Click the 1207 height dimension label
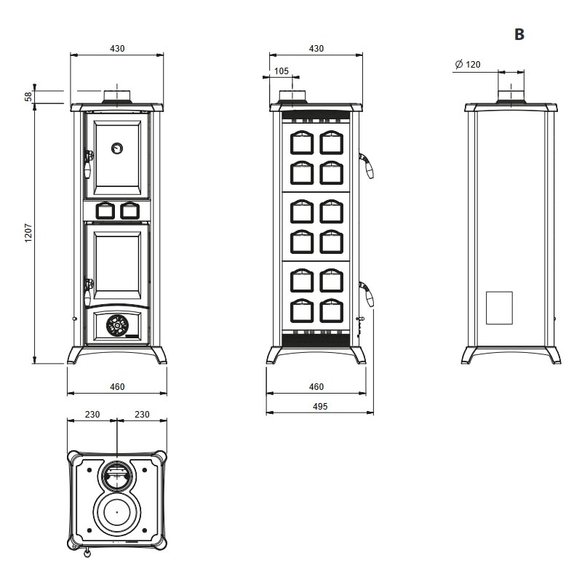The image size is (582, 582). tap(28, 233)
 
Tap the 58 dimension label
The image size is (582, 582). tap(28, 96)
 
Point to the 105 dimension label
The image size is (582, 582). tap(282, 71)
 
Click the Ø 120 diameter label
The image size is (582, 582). tap(467, 65)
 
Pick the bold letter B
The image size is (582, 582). tap(519, 35)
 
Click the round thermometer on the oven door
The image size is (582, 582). tap(116, 148)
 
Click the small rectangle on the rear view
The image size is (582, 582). tap(499, 307)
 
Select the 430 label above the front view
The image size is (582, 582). tap(117, 49)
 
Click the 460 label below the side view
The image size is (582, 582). tap(316, 387)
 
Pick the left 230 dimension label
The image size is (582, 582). tap(92, 414)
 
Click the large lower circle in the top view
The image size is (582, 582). tap(116, 514)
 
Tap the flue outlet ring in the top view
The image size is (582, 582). tap(116, 475)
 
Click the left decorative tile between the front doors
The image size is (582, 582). tap(104, 210)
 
